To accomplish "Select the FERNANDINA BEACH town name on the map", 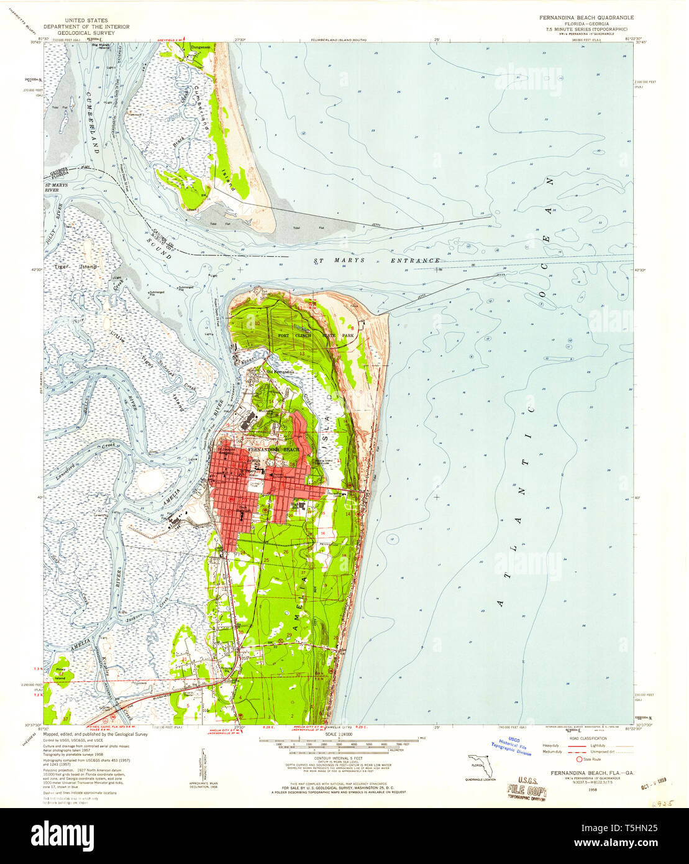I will pyautogui.click(x=273, y=449).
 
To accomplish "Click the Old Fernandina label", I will pyautogui.click(x=280, y=372).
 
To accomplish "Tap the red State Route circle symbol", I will pyautogui.click(x=579, y=759).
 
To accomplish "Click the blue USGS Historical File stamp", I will pyautogui.click(x=511, y=747).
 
